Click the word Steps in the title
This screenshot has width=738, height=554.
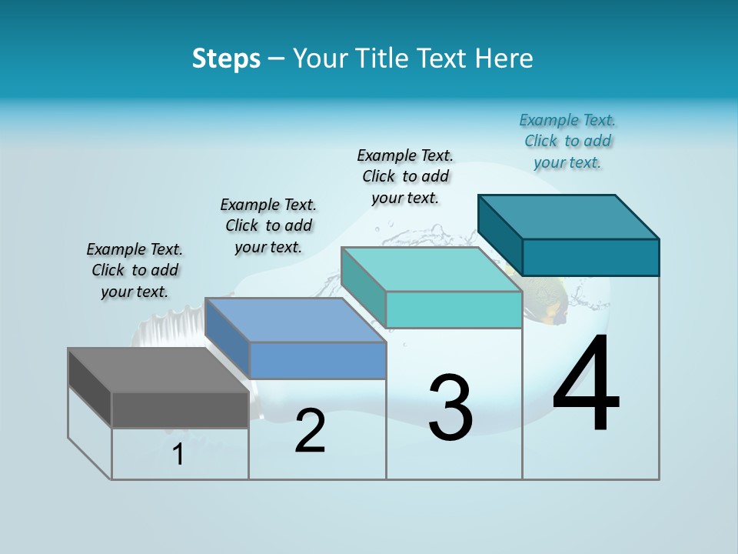point(226,58)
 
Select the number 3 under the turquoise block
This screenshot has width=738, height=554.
point(450,408)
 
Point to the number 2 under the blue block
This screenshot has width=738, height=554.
point(311,431)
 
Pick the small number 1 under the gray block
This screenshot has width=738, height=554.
point(178,455)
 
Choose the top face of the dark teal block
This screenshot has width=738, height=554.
point(569,217)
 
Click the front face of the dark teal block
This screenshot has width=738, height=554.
point(590,257)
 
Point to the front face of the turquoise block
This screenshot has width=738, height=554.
point(454,309)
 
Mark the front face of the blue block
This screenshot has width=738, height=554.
point(317,360)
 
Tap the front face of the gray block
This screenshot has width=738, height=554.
point(180,409)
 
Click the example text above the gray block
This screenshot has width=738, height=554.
point(135,270)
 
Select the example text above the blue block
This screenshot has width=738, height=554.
point(268,225)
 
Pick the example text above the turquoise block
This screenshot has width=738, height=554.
point(405,176)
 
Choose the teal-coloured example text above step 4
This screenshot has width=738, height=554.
point(567,141)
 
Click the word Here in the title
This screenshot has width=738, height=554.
point(504,58)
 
